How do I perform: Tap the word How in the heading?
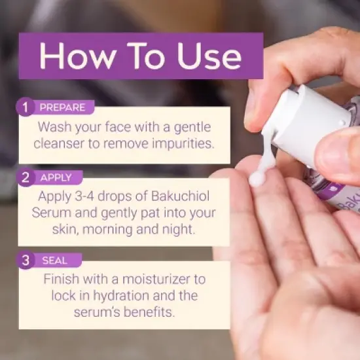[77, 56]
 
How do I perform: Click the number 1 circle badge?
[26, 107]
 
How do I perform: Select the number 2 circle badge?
[26, 177]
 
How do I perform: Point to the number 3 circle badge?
[26, 260]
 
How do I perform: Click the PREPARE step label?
[62, 107]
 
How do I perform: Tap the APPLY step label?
[56, 177]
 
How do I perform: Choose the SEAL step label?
[54, 261]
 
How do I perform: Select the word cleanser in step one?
[59, 143]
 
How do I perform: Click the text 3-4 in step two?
[84, 196]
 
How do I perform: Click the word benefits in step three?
[149, 312]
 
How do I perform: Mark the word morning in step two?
[107, 230]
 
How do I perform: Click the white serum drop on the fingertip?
[257, 179]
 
